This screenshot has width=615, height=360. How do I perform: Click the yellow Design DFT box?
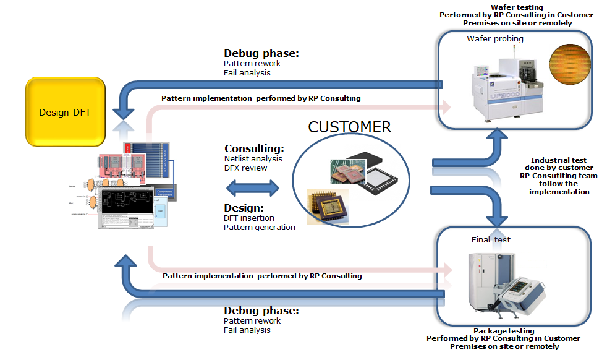(x=64, y=112)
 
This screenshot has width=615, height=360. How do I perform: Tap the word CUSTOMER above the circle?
(x=349, y=127)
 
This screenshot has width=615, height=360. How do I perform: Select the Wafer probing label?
(x=495, y=39)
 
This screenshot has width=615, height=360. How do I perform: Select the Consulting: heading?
(x=254, y=148)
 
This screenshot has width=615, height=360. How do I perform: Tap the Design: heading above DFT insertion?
(x=244, y=208)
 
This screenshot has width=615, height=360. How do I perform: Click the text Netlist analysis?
(x=253, y=159)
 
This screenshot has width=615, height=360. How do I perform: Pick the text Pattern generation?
(x=259, y=227)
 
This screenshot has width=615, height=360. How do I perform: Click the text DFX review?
(x=245, y=168)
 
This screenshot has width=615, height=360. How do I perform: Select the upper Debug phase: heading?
(x=261, y=54)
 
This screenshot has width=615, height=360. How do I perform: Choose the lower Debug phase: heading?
(x=261, y=311)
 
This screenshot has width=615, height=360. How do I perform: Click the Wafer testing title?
(x=516, y=6)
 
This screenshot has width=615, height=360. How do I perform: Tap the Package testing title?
(x=504, y=331)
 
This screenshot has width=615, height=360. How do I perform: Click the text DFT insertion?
(x=248, y=218)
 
